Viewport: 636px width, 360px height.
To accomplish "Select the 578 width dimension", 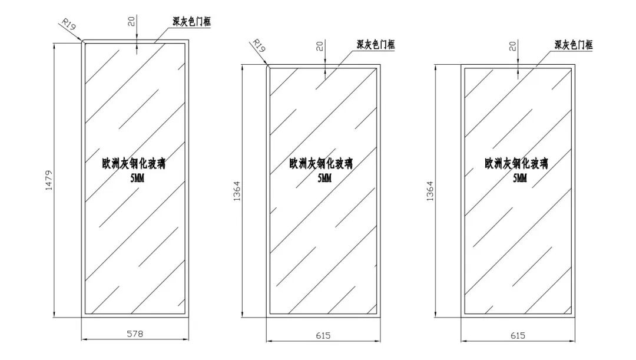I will click(x=135, y=333).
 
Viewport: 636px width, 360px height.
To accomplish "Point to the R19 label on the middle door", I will click(x=259, y=45).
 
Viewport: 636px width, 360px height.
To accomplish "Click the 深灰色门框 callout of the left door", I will click(x=191, y=22).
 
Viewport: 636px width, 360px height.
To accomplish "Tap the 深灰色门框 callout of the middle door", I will click(x=375, y=45).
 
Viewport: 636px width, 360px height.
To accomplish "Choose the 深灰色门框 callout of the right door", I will click(x=573, y=45).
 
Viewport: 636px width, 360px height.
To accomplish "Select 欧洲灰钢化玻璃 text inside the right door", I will click(x=516, y=163).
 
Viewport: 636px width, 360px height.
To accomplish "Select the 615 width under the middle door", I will click(x=323, y=335).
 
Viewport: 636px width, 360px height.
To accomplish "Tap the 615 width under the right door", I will click(x=518, y=335).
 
